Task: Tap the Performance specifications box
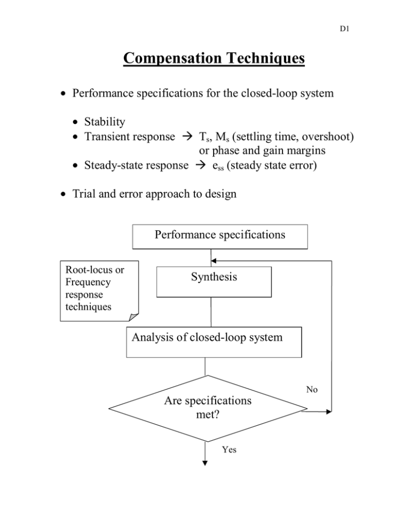(219, 236)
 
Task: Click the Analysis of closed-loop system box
(214, 341)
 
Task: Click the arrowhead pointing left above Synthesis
(214, 261)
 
